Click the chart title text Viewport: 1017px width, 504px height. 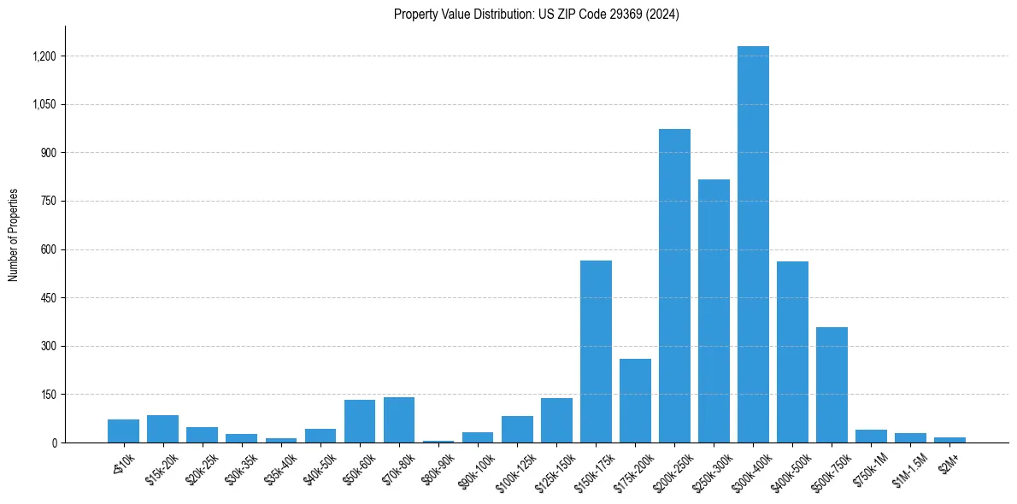(537, 15)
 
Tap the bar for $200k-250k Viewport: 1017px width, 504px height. (674, 286)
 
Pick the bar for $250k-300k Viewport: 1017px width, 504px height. (714, 311)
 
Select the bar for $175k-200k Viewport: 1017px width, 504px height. (635, 401)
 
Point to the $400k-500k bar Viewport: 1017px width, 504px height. (792, 352)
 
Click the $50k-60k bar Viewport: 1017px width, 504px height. (360, 421)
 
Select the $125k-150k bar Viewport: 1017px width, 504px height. (556, 420)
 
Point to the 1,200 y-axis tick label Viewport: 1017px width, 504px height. (44, 56)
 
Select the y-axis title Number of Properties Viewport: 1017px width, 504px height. (14, 234)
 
